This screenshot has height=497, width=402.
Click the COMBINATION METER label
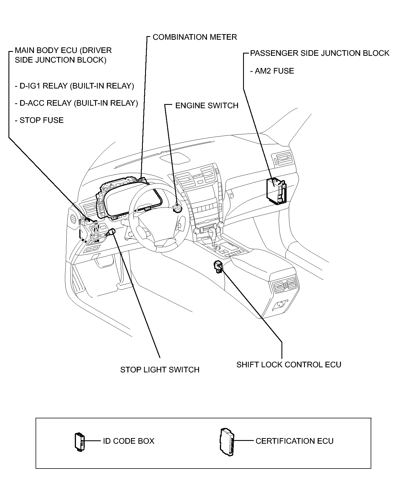click(x=195, y=37)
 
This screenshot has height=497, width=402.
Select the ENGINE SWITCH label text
click(x=207, y=105)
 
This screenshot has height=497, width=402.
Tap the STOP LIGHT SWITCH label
click(x=160, y=370)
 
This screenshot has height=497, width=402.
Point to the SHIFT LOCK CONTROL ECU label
click(x=289, y=365)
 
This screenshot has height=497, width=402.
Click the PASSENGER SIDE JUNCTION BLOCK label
click(x=320, y=53)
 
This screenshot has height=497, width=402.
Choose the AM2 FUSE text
click(x=272, y=71)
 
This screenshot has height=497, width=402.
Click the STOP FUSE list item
click(x=39, y=120)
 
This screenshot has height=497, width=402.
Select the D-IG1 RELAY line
click(x=74, y=86)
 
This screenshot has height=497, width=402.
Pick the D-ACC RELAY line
click(x=76, y=103)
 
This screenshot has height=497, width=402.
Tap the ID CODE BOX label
click(x=128, y=441)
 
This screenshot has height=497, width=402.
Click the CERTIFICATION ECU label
click(x=294, y=441)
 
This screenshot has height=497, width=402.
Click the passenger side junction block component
click(x=276, y=191)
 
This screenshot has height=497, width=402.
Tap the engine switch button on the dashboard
click(x=178, y=209)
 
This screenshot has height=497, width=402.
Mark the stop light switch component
click(x=111, y=232)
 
